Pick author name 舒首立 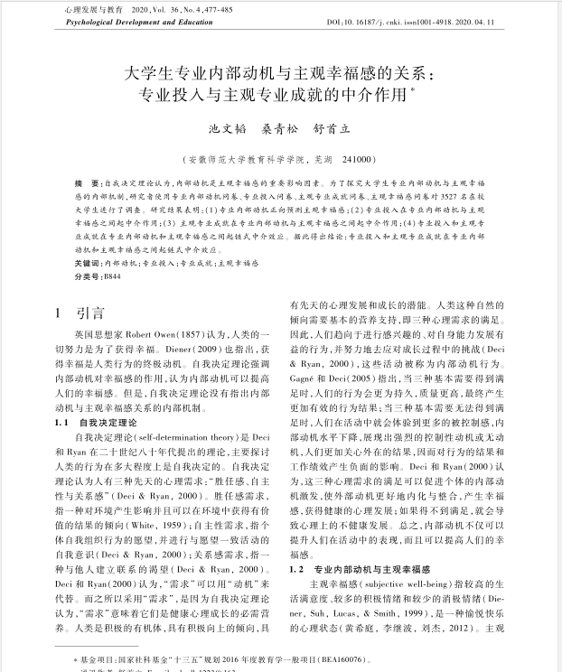pyautogui.click(x=335, y=130)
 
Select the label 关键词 pyautogui.click(x=89, y=262)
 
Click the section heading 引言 pyautogui.click(x=90, y=314)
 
